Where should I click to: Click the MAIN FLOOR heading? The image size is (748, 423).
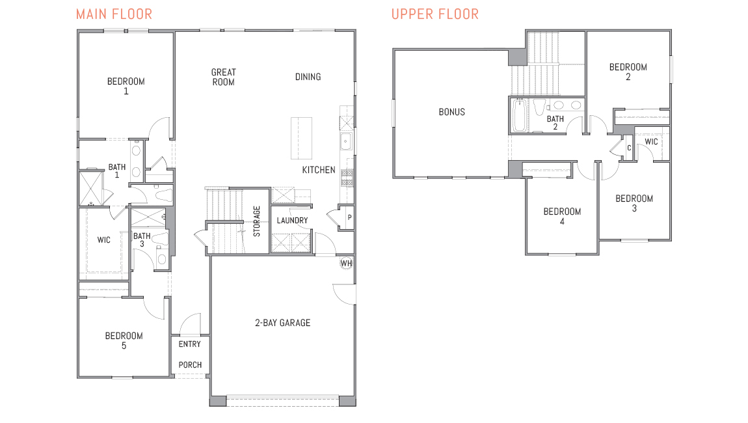point(114,14)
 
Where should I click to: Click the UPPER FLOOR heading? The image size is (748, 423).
point(434,14)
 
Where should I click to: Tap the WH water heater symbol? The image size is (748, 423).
point(346,264)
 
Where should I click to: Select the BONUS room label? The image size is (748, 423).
point(451,112)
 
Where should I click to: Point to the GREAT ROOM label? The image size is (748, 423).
point(223,77)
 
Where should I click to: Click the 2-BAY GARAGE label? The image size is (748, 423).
point(282,322)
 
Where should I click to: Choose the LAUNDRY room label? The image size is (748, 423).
point(292,221)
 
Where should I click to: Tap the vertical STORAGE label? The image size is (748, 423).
point(257,221)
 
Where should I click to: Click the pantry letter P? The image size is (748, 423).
point(349,218)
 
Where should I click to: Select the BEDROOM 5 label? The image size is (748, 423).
point(124,340)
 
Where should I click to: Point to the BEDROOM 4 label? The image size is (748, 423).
point(562,216)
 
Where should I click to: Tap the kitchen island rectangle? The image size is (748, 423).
point(301,138)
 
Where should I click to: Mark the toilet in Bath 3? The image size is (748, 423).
point(161,258)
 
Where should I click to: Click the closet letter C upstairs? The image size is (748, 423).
point(629,148)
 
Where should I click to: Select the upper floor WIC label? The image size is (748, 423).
point(651,142)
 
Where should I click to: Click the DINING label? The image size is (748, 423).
point(308,77)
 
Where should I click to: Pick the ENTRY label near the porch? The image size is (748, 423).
point(189,344)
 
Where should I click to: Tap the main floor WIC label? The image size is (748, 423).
point(103,240)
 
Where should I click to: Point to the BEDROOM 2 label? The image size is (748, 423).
point(628,72)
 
